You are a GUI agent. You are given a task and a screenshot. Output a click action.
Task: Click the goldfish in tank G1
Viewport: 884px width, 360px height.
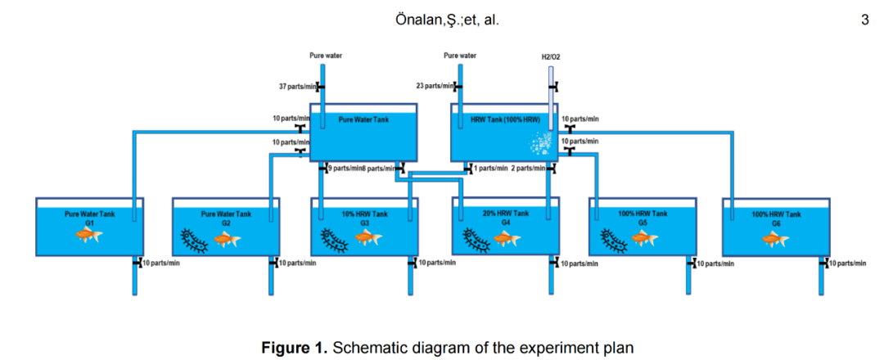[x=89, y=236]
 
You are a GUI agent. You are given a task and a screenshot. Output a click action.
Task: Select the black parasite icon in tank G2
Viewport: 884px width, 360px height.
[x=194, y=240]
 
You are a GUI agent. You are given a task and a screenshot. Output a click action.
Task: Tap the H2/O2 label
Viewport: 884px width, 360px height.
[x=551, y=57]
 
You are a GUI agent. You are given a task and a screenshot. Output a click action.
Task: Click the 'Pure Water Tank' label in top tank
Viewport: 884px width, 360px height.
[x=363, y=119]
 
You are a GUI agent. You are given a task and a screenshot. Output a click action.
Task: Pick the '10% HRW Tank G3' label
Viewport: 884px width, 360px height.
[x=364, y=218]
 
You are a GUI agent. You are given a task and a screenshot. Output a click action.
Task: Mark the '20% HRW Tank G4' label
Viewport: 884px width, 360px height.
[x=506, y=217]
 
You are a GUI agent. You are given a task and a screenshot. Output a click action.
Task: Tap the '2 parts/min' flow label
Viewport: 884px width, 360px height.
[x=529, y=169]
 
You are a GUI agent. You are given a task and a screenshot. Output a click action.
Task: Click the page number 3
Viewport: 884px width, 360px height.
[x=864, y=20]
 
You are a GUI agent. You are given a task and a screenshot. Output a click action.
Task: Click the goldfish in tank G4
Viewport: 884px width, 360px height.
[x=507, y=239]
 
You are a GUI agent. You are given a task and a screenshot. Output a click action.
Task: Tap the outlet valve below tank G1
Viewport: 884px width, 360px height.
[x=136, y=263]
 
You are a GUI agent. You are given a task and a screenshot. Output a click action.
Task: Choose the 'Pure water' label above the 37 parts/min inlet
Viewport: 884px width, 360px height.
[x=325, y=56]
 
